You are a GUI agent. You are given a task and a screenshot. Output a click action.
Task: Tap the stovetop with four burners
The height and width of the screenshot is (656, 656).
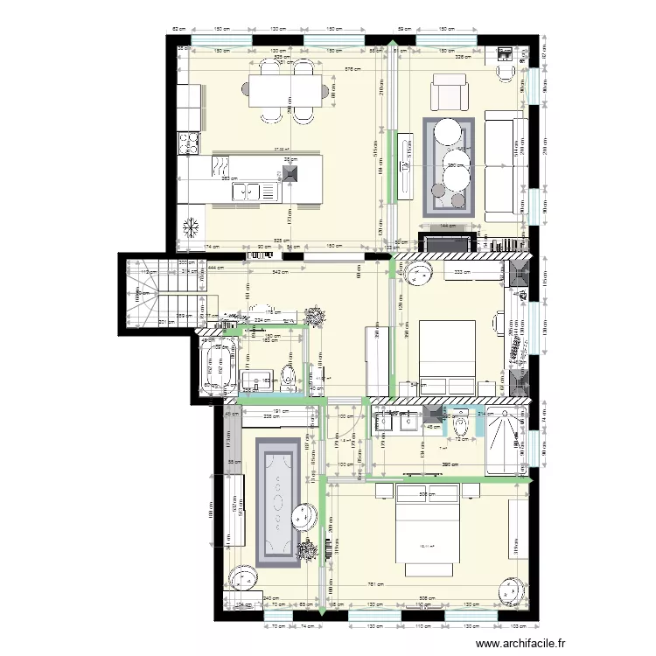point(189,142)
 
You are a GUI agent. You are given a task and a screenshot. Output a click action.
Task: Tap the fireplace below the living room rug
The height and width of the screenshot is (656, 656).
point(447,242)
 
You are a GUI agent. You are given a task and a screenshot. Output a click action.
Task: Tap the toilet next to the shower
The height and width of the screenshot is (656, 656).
point(464,424)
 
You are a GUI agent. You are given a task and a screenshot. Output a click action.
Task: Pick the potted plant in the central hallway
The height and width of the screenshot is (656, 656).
point(312,315)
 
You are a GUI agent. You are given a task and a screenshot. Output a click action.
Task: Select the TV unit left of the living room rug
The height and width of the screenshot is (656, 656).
point(405,166)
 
